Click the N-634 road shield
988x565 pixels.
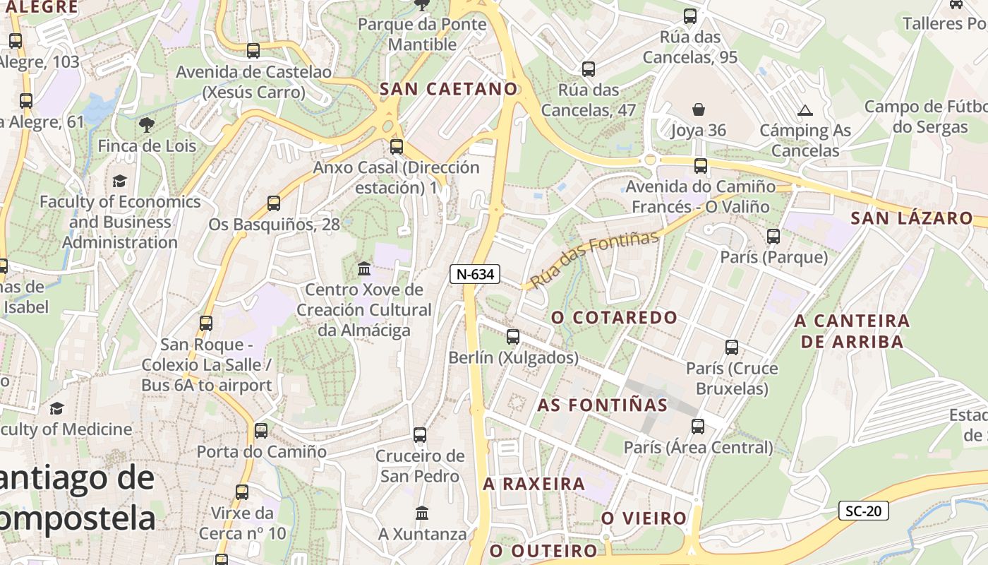click(475, 274)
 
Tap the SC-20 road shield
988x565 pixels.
click(863, 511)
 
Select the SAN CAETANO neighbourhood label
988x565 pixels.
click(449, 89)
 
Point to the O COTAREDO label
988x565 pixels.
click(614, 317)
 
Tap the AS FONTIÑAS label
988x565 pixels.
click(602, 405)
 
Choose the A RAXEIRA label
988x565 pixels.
click(534, 484)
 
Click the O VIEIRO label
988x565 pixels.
click(644, 518)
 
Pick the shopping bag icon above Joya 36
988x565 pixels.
click(698, 109)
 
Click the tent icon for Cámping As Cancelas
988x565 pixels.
click(805, 110)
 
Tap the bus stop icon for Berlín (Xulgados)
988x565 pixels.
click(513, 337)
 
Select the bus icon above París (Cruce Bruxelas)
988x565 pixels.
click(732, 347)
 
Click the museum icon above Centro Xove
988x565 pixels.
click(364, 268)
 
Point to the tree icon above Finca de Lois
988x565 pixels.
click(147, 126)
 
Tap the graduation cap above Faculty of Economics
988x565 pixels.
click(119, 181)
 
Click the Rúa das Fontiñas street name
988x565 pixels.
click(594, 258)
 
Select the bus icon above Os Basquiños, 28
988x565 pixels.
click(274, 203)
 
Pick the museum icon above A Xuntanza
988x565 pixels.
click(422, 513)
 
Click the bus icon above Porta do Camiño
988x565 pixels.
click(261, 430)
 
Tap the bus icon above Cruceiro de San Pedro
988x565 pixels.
click(420, 435)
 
